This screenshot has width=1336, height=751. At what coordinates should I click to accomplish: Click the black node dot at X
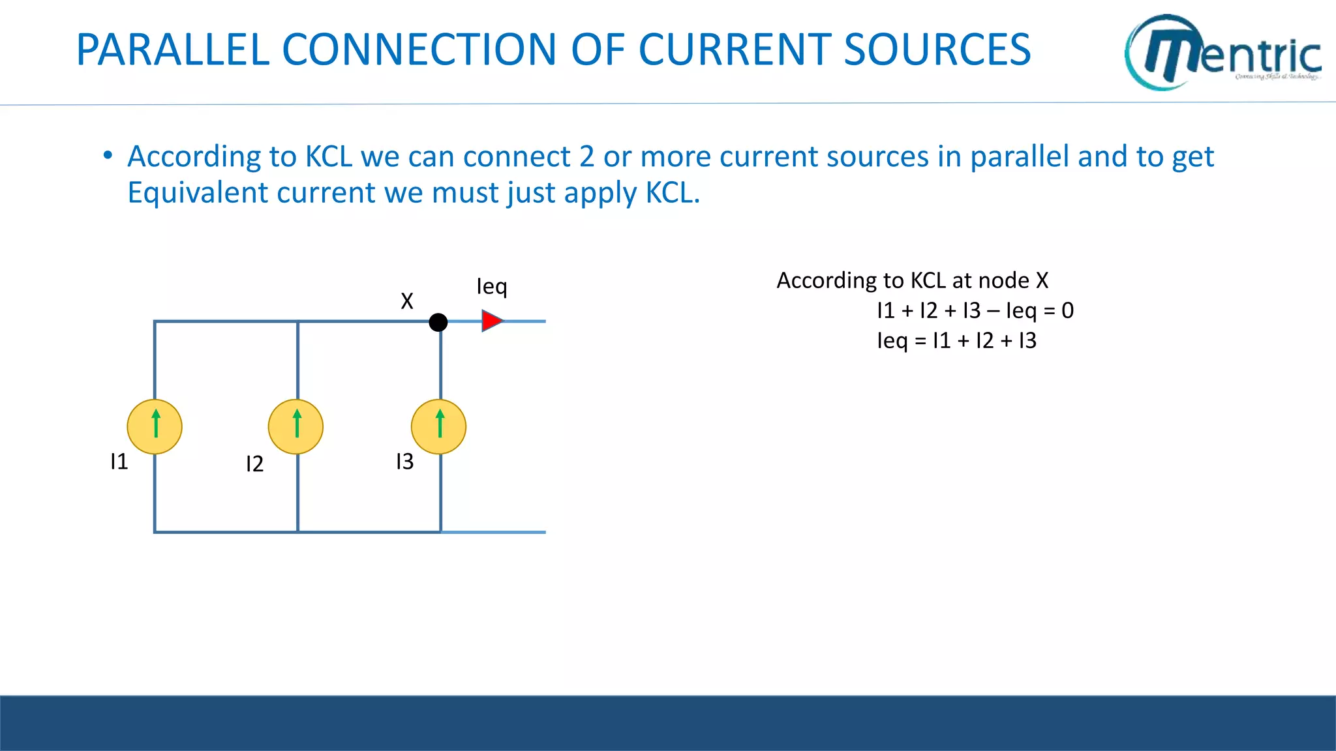(x=438, y=322)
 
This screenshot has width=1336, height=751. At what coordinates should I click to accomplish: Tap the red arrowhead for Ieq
(x=492, y=321)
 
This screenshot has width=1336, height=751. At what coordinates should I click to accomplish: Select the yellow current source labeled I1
(x=155, y=427)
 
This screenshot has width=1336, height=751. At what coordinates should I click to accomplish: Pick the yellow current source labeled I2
(x=296, y=427)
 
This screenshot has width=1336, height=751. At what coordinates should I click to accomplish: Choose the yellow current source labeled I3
(x=439, y=427)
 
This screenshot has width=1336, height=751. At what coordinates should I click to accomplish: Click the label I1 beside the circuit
(x=119, y=462)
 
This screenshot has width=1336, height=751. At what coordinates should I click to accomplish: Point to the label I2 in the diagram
(x=254, y=464)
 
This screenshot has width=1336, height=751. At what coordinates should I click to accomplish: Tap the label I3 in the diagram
(x=404, y=462)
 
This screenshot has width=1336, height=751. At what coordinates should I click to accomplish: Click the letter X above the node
(x=407, y=301)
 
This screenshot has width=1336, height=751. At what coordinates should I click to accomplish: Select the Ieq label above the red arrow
(x=491, y=287)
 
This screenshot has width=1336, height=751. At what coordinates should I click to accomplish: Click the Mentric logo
(x=1223, y=52)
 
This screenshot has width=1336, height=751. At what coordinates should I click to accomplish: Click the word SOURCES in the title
(x=937, y=50)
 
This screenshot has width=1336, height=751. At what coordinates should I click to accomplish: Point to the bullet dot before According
(x=108, y=156)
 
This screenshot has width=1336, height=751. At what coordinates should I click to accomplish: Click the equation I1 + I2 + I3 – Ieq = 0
(x=975, y=311)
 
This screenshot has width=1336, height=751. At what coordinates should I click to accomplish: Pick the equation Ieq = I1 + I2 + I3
(x=956, y=341)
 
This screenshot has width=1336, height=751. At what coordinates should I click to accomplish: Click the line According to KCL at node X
(x=912, y=281)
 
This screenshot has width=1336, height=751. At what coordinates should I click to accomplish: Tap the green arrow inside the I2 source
(x=297, y=422)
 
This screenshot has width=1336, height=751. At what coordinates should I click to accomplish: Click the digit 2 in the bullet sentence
(x=586, y=157)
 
